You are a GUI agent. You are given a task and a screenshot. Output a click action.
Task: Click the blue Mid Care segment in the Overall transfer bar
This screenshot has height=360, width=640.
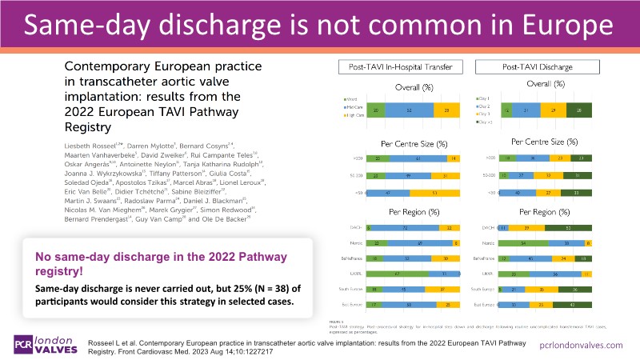(410, 109)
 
